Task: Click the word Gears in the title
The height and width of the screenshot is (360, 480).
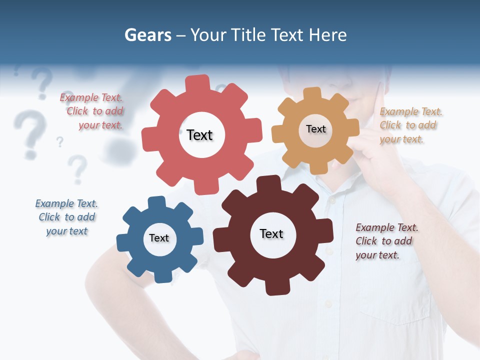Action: tap(147, 35)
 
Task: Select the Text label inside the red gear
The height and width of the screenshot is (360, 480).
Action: tap(199, 135)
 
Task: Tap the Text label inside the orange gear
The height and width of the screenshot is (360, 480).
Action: tap(315, 129)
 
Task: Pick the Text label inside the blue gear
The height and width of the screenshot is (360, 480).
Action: tap(159, 238)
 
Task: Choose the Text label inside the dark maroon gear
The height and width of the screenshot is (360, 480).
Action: tap(271, 233)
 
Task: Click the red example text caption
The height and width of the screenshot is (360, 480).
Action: tap(92, 111)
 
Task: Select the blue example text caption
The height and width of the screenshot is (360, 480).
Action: tap(66, 217)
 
